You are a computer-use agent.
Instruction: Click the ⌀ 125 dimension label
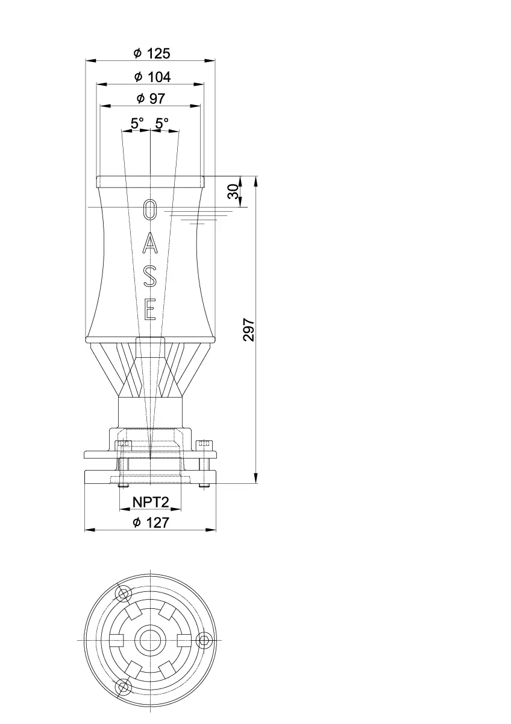pyautogui.click(x=152, y=53)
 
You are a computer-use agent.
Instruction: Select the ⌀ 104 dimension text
pyautogui.click(x=152, y=77)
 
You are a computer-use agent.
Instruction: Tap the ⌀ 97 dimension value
pyautogui.click(x=151, y=98)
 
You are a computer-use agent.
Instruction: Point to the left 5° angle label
pyautogui.click(x=137, y=123)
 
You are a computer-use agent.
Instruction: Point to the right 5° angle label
pyautogui.click(x=162, y=123)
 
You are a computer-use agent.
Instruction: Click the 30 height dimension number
pyautogui.click(x=233, y=191)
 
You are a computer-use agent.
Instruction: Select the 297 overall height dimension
pyautogui.click(x=249, y=329)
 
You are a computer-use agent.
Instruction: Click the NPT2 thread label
pyautogui.click(x=151, y=502)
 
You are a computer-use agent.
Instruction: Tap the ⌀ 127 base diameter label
pyautogui.click(x=151, y=522)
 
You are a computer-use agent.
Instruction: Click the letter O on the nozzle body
pyautogui.click(x=150, y=209)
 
